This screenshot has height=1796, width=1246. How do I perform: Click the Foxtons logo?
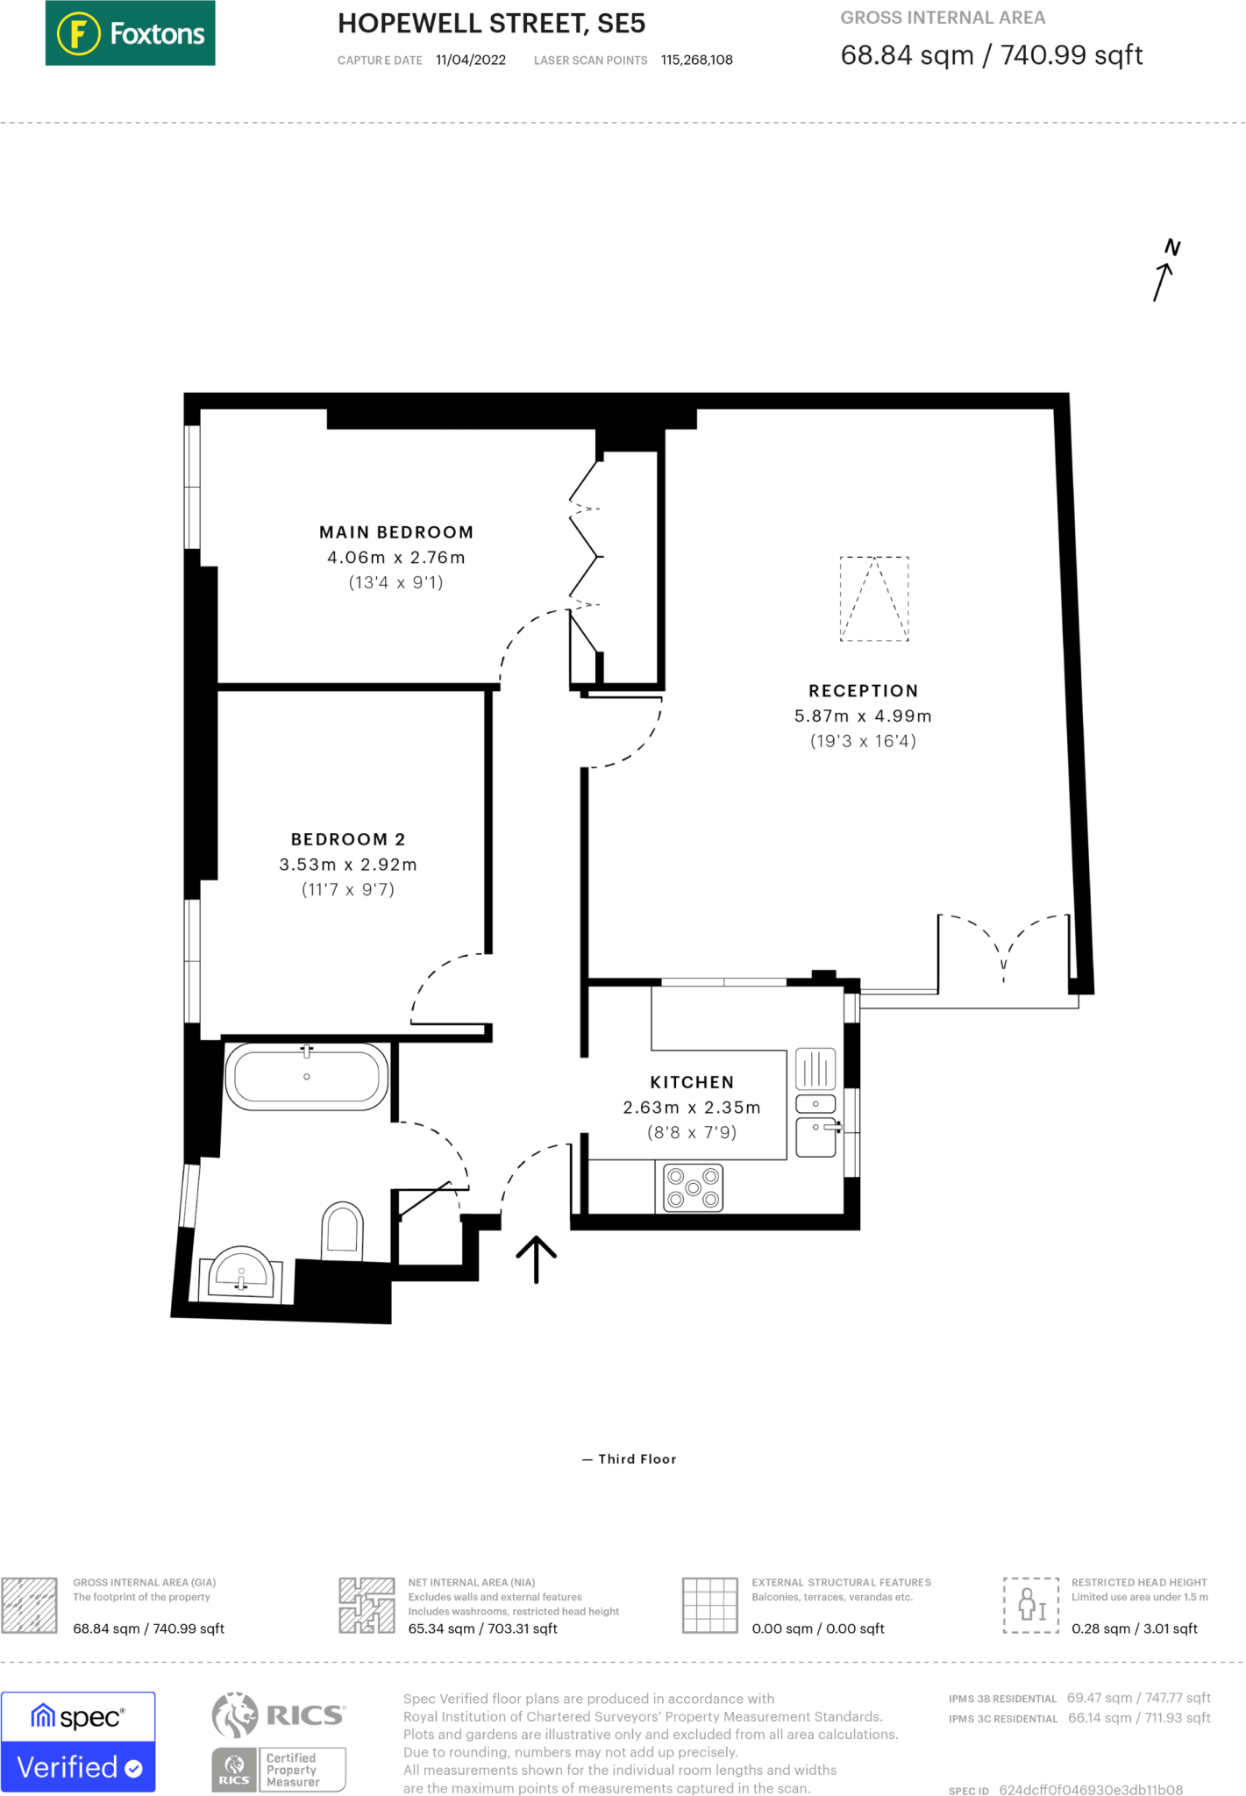pyautogui.click(x=130, y=33)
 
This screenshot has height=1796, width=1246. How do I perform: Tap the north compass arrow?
pyautogui.click(x=1164, y=281)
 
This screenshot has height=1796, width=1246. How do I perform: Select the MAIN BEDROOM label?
pyautogui.click(x=396, y=532)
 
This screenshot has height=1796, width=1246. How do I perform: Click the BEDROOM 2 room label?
pyautogui.click(x=348, y=839)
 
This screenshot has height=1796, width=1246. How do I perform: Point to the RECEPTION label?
pyautogui.click(x=864, y=691)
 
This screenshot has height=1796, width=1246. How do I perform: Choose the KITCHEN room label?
pyautogui.click(x=692, y=1082)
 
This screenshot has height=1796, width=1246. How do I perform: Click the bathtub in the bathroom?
pyautogui.click(x=307, y=1076)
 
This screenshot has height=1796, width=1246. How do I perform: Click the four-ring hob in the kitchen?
pyautogui.click(x=693, y=1187)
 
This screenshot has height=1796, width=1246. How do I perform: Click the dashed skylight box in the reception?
pyautogui.click(x=874, y=599)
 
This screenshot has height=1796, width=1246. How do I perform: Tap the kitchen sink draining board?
pyautogui.click(x=815, y=1069)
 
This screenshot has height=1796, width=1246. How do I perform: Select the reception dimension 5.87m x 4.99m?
pyautogui.click(x=864, y=716)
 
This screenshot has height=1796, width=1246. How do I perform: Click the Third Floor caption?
pyautogui.click(x=637, y=1459)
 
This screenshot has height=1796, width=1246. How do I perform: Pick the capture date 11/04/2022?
pyautogui.click(x=471, y=60)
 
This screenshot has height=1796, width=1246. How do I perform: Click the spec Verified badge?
pyautogui.click(x=78, y=1742)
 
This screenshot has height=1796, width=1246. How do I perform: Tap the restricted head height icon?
pyautogui.click(x=1032, y=1605)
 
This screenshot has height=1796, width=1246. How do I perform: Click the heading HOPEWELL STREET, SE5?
pyautogui.click(x=492, y=24)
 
